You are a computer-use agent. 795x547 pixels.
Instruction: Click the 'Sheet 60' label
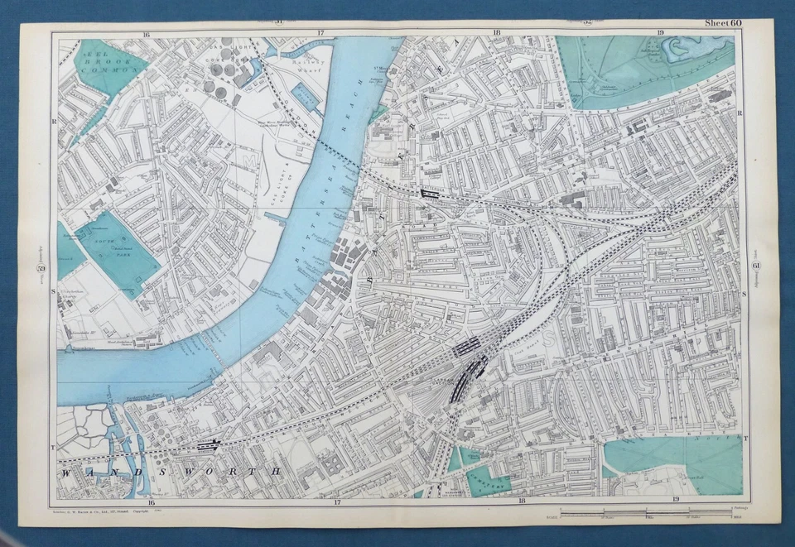click(x=723, y=23)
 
